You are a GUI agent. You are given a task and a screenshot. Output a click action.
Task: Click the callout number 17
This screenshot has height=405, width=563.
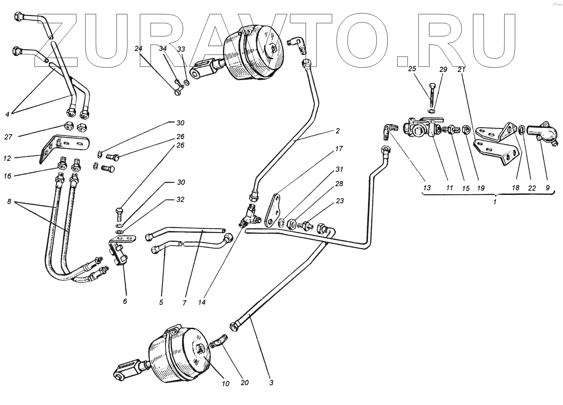[x=338, y=149]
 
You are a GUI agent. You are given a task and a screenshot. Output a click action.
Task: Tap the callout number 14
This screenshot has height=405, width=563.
[x=202, y=302]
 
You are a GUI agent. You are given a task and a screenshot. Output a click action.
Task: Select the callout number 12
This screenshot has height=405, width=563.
[x=7, y=158]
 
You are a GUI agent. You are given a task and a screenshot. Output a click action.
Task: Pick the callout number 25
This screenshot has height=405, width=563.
[x=412, y=69]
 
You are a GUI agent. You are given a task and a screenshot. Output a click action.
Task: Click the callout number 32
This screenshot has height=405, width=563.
[x=181, y=200]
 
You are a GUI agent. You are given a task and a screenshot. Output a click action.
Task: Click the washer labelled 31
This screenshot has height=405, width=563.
[x=282, y=221]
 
